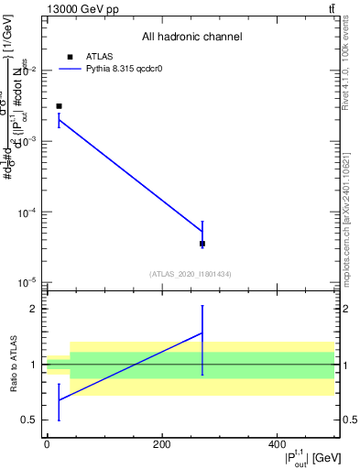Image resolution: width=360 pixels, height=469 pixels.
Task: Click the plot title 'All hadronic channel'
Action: click(x=191, y=37)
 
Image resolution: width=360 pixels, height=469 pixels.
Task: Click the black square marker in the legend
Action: click(x=71, y=57)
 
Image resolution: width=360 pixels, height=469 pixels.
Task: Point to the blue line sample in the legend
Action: click(x=71, y=69)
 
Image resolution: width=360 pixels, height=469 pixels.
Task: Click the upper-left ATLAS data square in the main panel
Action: click(x=59, y=106)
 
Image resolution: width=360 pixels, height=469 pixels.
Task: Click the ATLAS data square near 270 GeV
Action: click(x=202, y=244)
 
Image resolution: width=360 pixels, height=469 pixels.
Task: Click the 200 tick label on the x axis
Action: click(x=161, y=444)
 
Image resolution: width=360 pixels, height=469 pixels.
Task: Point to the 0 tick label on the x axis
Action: click(x=47, y=444)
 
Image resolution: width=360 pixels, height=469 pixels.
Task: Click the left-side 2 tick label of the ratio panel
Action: click(x=36, y=309)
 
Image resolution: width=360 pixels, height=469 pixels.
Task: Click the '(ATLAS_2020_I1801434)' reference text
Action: click(x=191, y=274)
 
